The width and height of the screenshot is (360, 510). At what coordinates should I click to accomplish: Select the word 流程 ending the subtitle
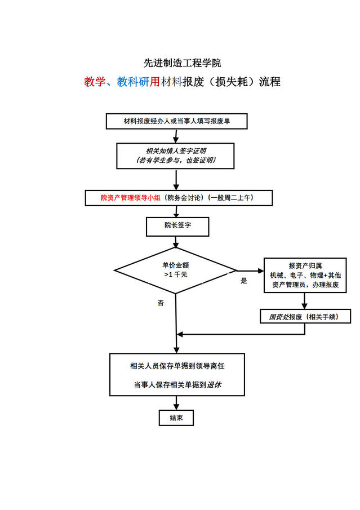(x=269, y=82)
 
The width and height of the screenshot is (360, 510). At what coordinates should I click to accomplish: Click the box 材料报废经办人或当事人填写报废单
(x=176, y=121)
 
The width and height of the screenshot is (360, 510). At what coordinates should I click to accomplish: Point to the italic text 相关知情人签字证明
(x=176, y=150)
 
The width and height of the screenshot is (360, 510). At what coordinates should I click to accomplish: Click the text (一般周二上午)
(x=232, y=198)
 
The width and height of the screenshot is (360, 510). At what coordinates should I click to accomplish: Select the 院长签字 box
(x=177, y=225)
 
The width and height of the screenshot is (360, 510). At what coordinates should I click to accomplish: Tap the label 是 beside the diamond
(x=244, y=281)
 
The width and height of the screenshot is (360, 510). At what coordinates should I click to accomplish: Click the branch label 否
(x=161, y=303)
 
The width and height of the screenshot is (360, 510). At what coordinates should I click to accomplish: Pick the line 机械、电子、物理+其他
(x=305, y=275)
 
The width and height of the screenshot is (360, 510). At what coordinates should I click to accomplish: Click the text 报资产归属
(x=305, y=265)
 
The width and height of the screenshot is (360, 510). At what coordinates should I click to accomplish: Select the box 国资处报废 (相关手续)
(x=305, y=317)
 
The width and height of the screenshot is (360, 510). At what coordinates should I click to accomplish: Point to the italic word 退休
(x=214, y=385)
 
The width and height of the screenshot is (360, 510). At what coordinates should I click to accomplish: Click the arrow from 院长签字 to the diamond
(x=176, y=242)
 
